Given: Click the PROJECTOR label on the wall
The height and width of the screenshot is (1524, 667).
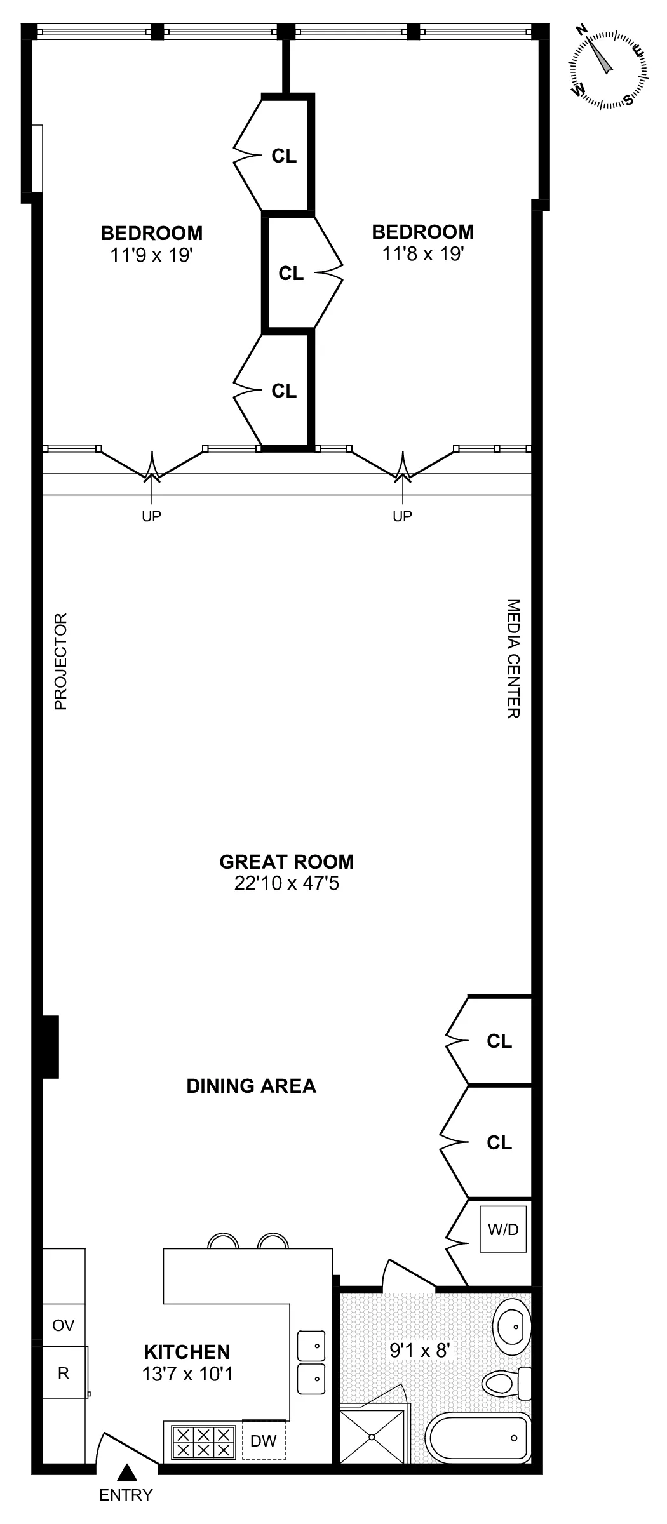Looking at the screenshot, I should [60, 662].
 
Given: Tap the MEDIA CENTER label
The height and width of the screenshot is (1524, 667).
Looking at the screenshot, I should [513, 658].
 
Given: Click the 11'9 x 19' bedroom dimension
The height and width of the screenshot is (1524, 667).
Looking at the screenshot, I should [151, 255].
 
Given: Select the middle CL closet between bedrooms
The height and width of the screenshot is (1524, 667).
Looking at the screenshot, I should [291, 273].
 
